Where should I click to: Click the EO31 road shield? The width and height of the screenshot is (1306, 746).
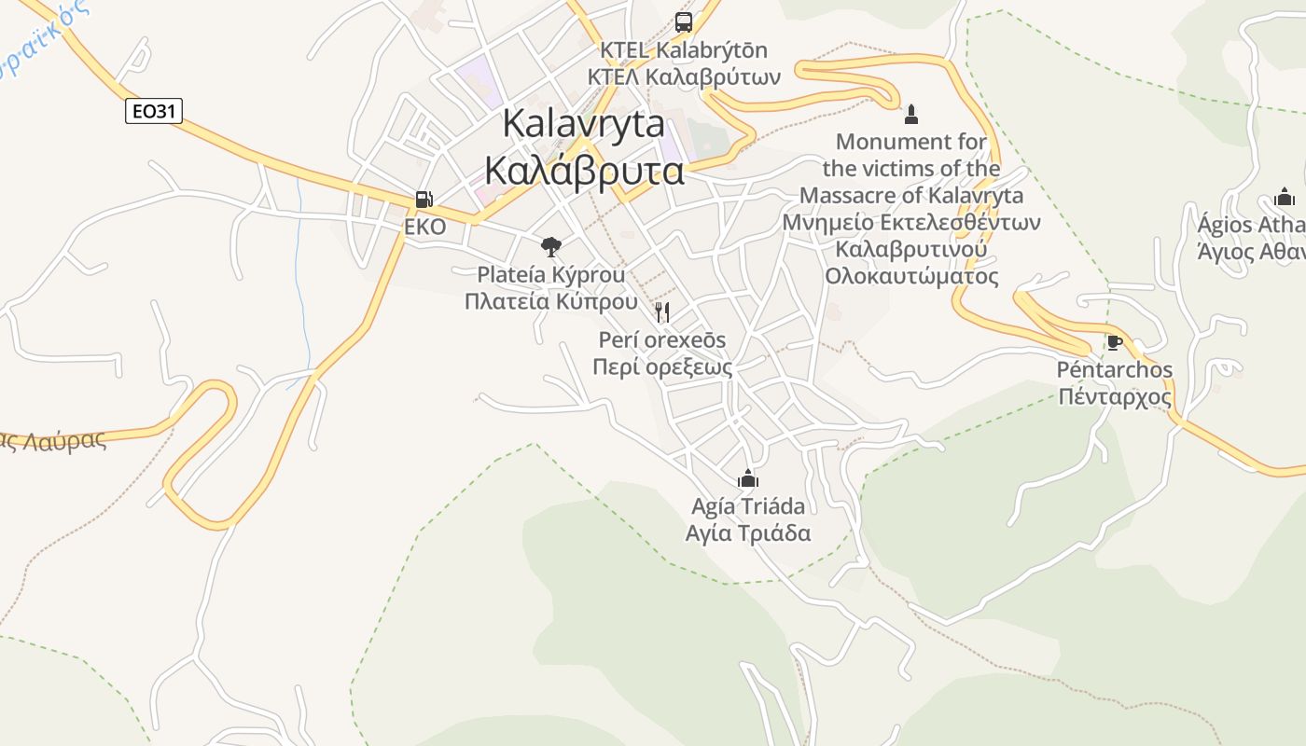click(x=154, y=112)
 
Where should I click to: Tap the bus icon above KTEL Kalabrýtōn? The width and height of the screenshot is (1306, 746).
click(x=684, y=21)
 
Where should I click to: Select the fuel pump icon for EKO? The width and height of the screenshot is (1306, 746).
click(x=424, y=199)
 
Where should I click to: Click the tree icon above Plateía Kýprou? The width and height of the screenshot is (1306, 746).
click(x=551, y=247)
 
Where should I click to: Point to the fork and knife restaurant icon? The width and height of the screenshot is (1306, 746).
click(x=662, y=311)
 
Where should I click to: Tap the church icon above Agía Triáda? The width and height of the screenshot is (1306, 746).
click(x=747, y=479)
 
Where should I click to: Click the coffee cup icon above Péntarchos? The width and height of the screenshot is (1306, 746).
click(x=1114, y=342)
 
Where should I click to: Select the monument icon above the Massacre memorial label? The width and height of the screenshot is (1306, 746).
click(x=911, y=115)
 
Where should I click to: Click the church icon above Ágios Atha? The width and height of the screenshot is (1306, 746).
click(x=1285, y=197)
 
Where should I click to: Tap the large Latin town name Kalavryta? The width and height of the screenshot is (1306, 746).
click(x=584, y=124)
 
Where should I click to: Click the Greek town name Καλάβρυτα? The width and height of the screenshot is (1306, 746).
click(x=584, y=172)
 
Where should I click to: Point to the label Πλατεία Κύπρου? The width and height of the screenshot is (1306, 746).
click(x=551, y=301)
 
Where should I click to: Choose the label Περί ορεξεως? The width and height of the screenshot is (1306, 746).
click(x=662, y=366)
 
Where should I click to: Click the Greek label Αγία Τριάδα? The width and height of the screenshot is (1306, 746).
click(x=747, y=533)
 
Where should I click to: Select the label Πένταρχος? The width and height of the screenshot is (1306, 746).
click(x=1114, y=397)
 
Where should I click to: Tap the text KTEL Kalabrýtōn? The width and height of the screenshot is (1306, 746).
click(x=684, y=49)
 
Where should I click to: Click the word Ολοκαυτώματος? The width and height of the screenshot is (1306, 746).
click(x=911, y=277)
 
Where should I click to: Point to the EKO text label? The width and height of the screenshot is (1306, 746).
click(x=424, y=227)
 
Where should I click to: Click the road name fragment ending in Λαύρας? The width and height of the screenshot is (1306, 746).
click(x=56, y=441)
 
